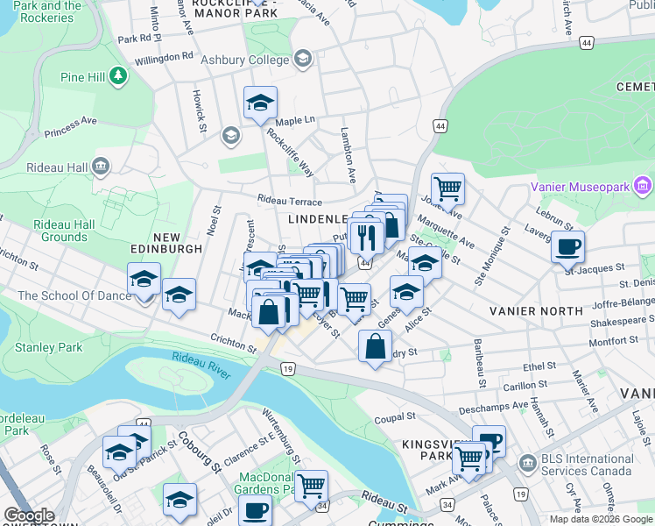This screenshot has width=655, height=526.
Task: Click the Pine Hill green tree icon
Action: [117, 77]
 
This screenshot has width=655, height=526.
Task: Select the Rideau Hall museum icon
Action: [101, 166]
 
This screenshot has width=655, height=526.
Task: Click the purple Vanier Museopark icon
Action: [644, 186]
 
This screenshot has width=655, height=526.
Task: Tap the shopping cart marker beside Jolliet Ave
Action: [447, 188]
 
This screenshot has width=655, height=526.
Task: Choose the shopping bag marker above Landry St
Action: [375, 346]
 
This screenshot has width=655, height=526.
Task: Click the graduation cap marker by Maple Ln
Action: [260, 103]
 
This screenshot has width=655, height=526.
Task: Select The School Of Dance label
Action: [64, 295]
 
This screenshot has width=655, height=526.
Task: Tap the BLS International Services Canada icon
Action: [528, 462]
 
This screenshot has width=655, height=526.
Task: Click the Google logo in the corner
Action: [30, 515]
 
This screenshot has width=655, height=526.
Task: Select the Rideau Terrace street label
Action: [289, 201]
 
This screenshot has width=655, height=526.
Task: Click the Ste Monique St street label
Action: [491, 259]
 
